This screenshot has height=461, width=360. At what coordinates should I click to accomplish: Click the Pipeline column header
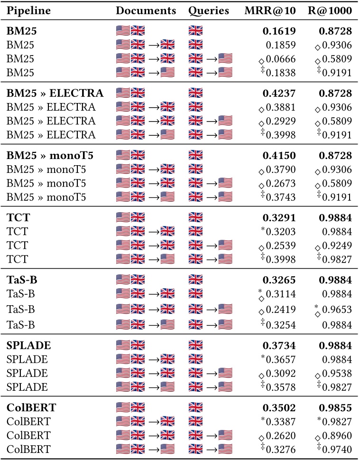pos(28,10)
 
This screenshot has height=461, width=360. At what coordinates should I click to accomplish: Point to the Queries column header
pos(208,10)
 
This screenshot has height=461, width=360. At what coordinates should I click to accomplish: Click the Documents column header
pos(146,10)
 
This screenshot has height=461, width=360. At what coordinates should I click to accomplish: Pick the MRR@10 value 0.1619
pos(279,32)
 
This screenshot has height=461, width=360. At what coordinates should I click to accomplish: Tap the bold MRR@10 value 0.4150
pos(279,155)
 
